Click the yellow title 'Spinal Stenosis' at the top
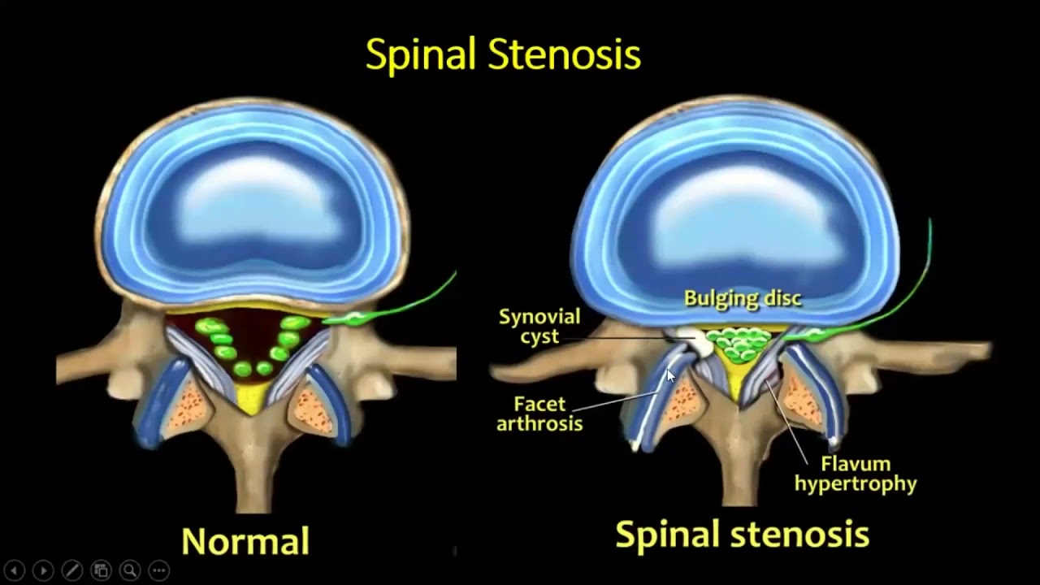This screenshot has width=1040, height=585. pyautogui.click(x=503, y=55)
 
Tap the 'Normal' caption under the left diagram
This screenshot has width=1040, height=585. pyautogui.click(x=245, y=541)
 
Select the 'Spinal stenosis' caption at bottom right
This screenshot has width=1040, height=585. pyautogui.click(x=742, y=535)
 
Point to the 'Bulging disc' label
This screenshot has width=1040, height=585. pyautogui.click(x=743, y=298)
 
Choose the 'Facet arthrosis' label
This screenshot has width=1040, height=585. pyautogui.click(x=539, y=413)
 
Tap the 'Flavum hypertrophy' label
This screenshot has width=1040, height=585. pyautogui.click(x=856, y=474)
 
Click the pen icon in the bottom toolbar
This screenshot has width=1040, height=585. pyautogui.click(x=71, y=570)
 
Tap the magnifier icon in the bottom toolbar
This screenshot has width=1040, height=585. pyautogui.click(x=129, y=570)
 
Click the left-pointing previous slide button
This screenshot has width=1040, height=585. pyautogui.click(x=14, y=570)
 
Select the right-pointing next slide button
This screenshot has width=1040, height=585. pyautogui.click(x=43, y=570)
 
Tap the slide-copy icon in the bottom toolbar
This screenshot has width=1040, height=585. pyautogui.click(x=101, y=570)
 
